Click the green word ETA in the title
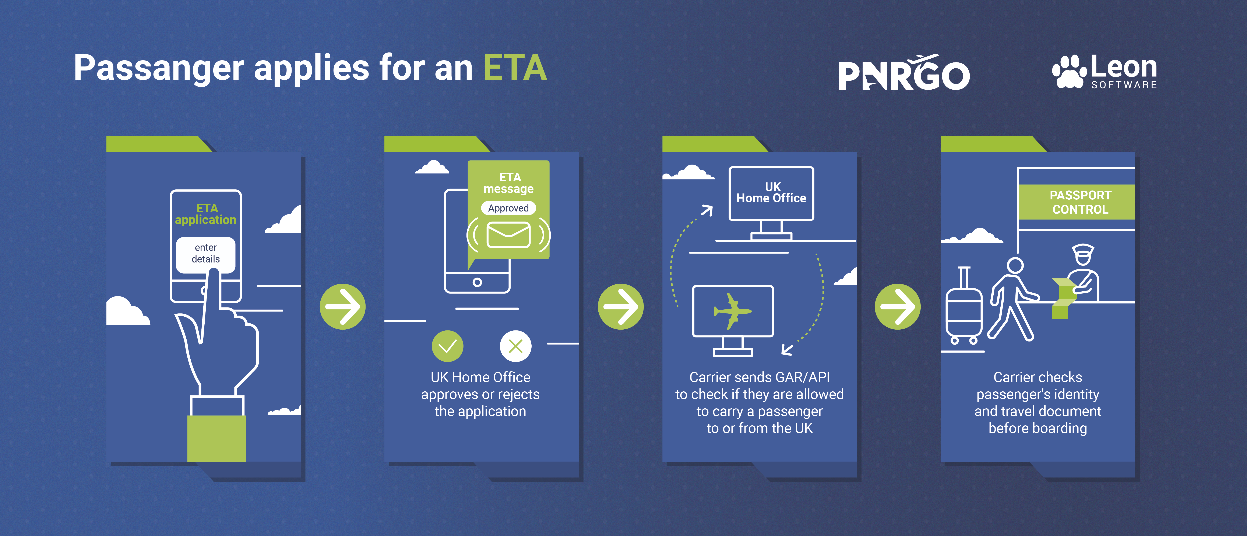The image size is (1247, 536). (x=515, y=68)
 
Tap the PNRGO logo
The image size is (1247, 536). (x=904, y=74)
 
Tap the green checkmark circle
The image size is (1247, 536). (x=447, y=346)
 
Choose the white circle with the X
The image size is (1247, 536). (x=515, y=346)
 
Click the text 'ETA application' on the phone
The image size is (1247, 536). (x=206, y=214)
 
